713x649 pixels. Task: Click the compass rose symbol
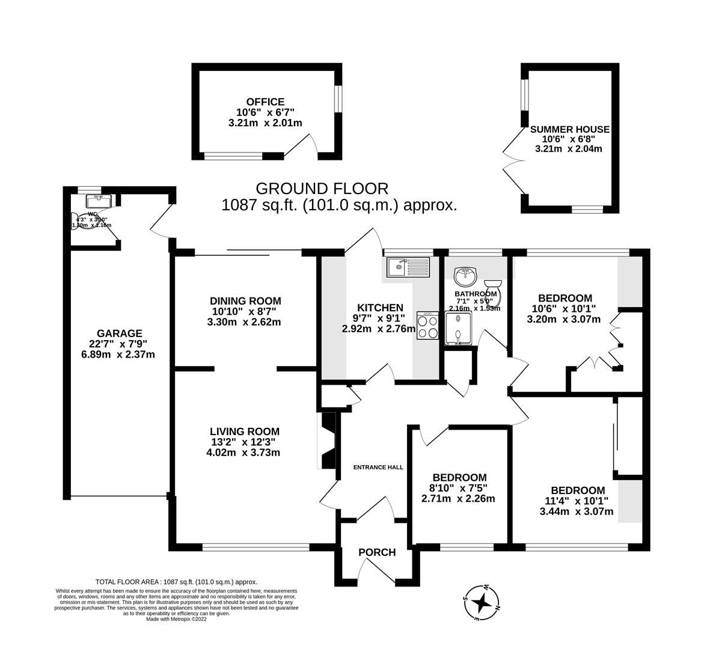pyautogui.click(x=481, y=601)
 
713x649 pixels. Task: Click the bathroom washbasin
pyautogui.click(x=465, y=276)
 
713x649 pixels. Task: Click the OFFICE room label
pyautogui.click(x=265, y=102)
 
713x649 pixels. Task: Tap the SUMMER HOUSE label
pyautogui.click(x=569, y=129)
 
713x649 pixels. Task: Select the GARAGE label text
pyautogui.click(x=120, y=334)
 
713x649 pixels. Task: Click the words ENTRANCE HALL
pyautogui.click(x=378, y=467)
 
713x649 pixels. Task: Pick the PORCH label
pyautogui.click(x=377, y=552)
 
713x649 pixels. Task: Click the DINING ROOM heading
pyautogui.click(x=245, y=301)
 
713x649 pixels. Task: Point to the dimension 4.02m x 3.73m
pyautogui.click(x=245, y=452)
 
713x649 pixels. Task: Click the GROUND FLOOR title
pyautogui.click(x=322, y=188)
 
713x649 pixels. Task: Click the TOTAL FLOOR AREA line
pyautogui.click(x=176, y=582)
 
